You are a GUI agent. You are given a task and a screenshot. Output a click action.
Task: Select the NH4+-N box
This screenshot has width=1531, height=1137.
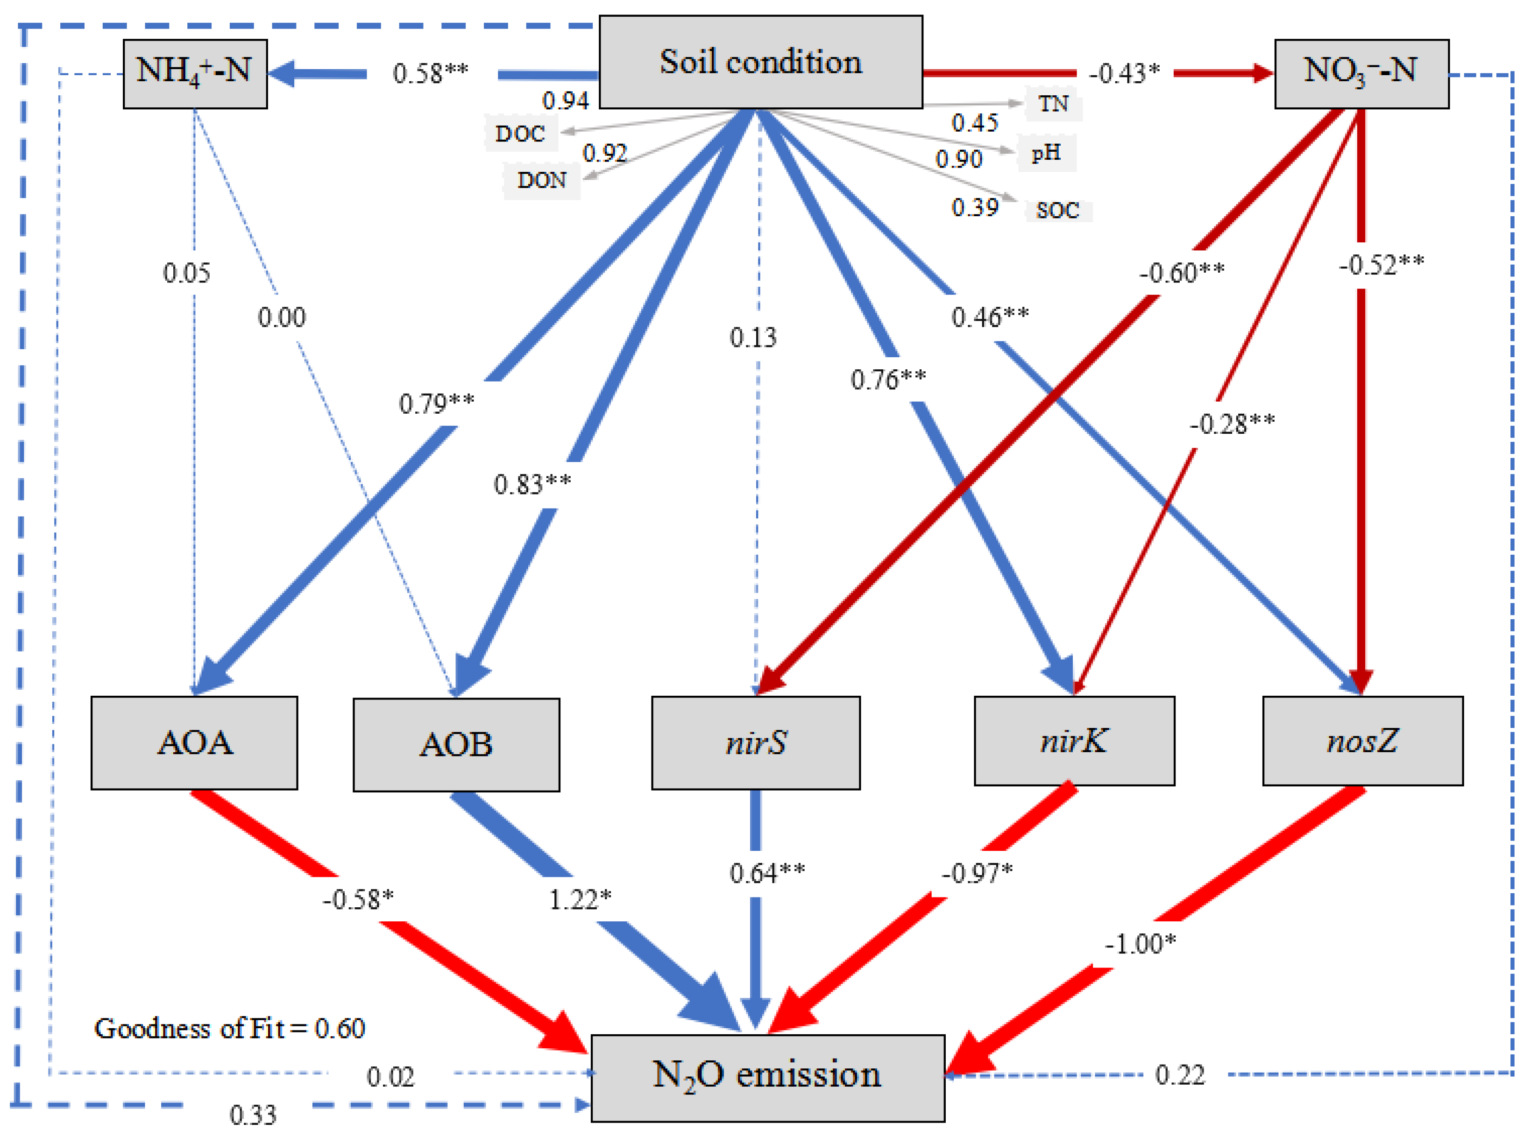[x=195, y=73]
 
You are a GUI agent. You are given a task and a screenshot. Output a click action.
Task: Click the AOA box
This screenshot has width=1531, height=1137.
[x=194, y=742]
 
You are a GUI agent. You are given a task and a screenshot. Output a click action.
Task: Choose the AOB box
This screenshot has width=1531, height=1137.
[x=456, y=745]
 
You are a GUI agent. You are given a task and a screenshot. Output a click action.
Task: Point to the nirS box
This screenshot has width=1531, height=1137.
[x=755, y=742]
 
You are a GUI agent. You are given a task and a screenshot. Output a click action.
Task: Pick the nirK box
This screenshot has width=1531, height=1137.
[x=1073, y=741]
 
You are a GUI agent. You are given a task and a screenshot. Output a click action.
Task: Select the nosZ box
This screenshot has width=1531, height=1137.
[x=1361, y=741]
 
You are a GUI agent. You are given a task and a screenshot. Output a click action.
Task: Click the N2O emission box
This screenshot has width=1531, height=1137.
[x=767, y=1076]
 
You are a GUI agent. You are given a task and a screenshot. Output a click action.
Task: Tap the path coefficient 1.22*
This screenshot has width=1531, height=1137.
[x=580, y=899]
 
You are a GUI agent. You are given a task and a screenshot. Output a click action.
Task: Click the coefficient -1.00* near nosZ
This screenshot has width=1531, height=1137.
[x=1140, y=944]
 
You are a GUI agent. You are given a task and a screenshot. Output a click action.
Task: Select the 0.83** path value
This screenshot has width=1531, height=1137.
[x=532, y=485]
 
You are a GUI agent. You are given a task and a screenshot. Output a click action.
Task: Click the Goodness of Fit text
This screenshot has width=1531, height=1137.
[x=229, y=1028]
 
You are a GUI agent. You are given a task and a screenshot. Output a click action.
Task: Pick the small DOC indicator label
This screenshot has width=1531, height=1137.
[x=520, y=134]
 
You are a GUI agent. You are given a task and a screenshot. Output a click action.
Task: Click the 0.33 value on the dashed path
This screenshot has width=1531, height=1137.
[x=253, y=1115]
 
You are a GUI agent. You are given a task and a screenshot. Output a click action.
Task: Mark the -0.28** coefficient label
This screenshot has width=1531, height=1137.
[x=1232, y=424]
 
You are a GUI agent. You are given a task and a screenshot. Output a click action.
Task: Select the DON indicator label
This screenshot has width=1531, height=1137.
[x=542, y=180]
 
